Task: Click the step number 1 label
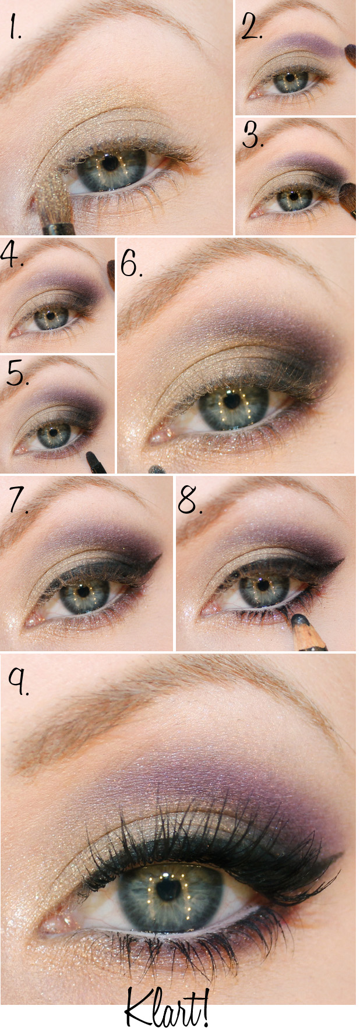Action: [x=15, y=27]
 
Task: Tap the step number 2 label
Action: [x=252, y=26]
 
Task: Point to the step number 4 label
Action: [x=12, y=255]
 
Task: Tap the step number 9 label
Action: [x=18, y=681]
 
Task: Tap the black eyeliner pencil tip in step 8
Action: [x=299, y=619]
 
